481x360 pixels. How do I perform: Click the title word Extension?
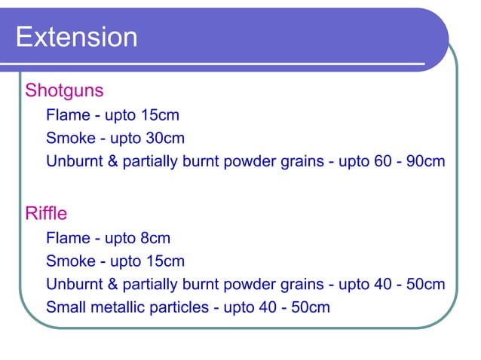[76, 37]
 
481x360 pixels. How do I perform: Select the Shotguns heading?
[64, 91]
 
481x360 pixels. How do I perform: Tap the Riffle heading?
[46, 214]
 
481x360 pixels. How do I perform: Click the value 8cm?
[155, 239]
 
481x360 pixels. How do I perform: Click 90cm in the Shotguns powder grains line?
[424, 161]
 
